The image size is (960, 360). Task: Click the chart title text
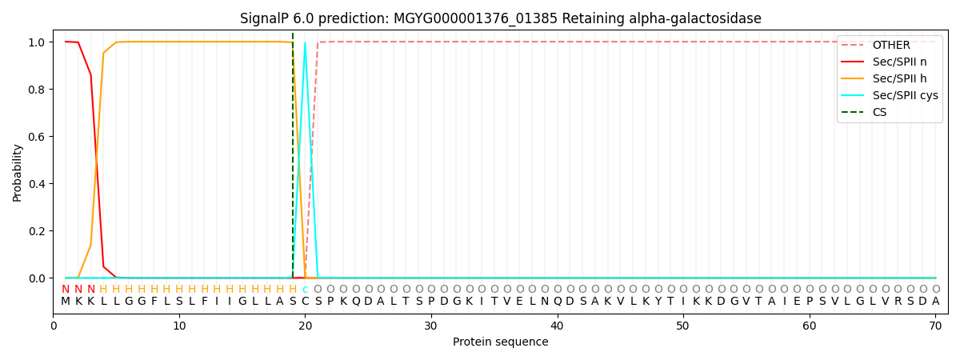point(501,18)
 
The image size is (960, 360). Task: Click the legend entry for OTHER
point(891,45)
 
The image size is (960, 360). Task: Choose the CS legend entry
point(879,112)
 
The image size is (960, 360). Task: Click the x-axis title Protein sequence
point(501,342)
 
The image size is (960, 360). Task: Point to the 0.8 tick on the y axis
point(37,90)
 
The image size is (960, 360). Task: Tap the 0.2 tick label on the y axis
point(37,231)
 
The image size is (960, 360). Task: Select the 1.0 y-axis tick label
point(37,42)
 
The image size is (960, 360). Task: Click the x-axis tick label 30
point(431,325)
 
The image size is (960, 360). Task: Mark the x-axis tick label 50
point(683,325)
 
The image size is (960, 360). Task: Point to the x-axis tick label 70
point(935,325)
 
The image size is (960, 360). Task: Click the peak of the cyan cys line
point(305,43)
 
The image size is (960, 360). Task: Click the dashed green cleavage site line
point(293,160)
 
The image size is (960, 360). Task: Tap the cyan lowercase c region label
point(305,290)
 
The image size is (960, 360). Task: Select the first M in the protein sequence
point(66,302)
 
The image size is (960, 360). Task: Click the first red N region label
point(66,290)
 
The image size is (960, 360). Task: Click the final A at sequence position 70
point(935,302)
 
